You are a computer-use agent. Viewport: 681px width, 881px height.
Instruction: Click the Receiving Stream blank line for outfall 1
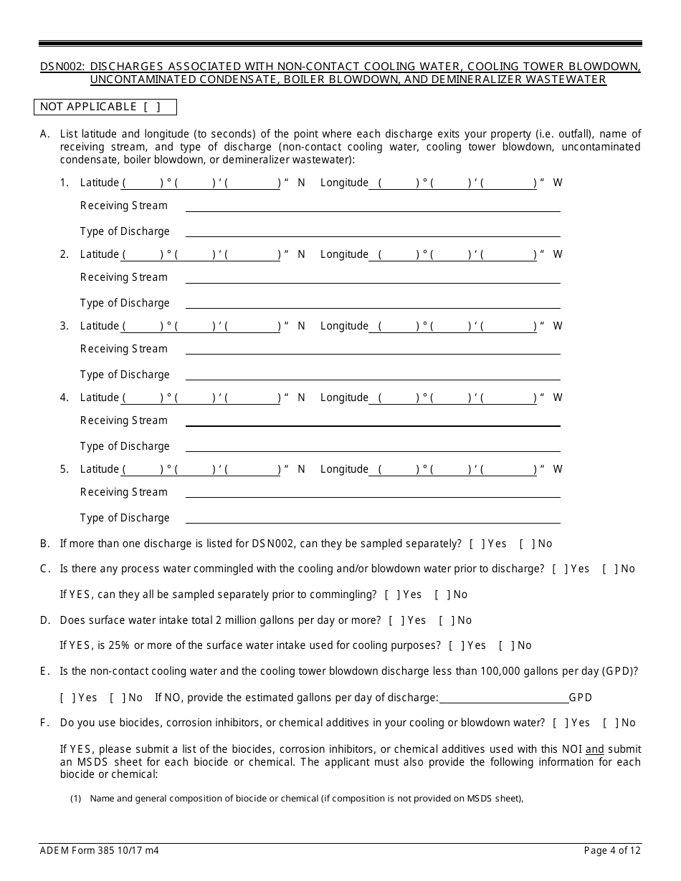(x=373, y=206)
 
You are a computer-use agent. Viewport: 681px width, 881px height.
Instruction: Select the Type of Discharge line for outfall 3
(x=373, y=375)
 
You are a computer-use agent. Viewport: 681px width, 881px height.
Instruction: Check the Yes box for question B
(x=476, y=544)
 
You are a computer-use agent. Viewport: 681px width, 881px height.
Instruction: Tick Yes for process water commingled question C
(x=560, y=569)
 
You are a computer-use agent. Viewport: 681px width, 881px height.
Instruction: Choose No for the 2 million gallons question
(x=446, y=621)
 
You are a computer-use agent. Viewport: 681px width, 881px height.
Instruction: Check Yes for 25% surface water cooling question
(x=455, y=646)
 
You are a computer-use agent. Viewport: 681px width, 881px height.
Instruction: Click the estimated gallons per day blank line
(x=503, y=698)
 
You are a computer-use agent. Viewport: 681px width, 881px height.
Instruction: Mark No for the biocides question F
(x=610, y=723)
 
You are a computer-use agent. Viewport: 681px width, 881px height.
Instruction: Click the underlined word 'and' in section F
(x=594, y=750)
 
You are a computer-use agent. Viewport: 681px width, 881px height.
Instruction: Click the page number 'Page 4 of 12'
(x=612, y=851)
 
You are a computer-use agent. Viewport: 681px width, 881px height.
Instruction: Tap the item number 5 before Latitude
(x=65, y=470)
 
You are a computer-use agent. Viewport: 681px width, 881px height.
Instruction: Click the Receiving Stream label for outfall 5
(x=124, y=493)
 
